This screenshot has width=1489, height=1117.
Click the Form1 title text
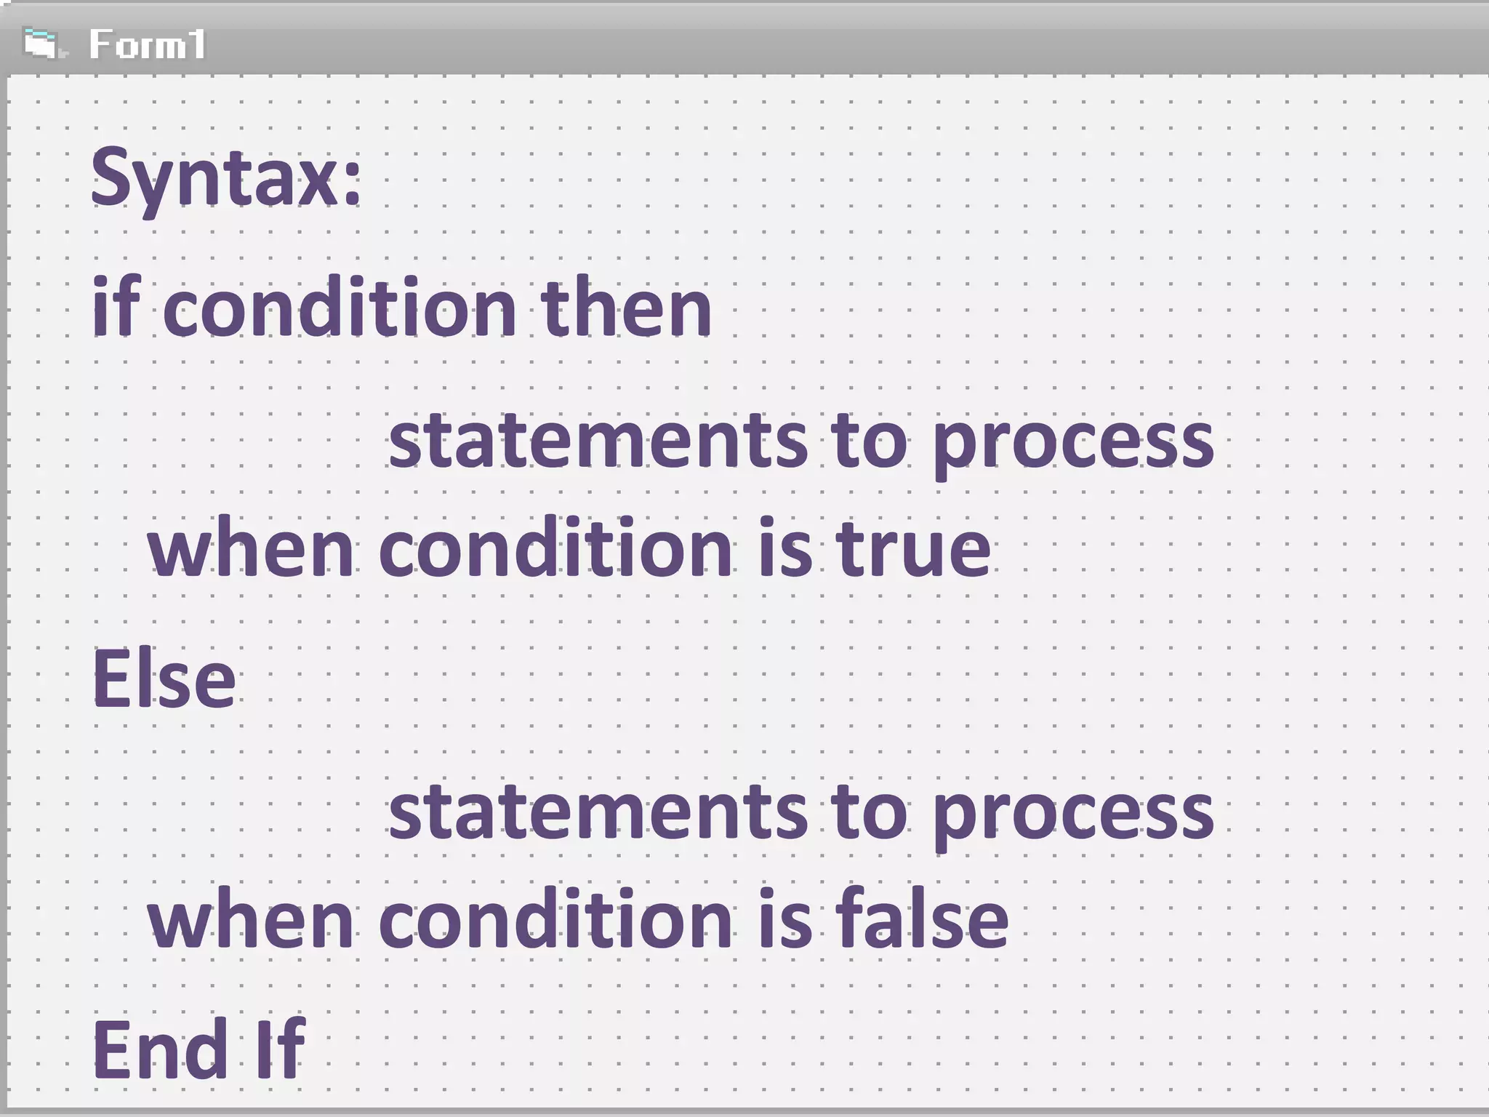click(x=148, y=44)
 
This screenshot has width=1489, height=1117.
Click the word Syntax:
click(x=226, y=178)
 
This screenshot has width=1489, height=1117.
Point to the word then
click(x=625, y=308)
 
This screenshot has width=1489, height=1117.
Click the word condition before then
click(x=339, y=308)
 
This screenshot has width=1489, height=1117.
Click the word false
click(x=922, y=919)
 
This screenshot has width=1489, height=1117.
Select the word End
click(x=161, y=1049)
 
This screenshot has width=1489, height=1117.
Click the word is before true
click(x=785, y=548)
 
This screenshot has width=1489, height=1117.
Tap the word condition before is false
click(x=555, y=919)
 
